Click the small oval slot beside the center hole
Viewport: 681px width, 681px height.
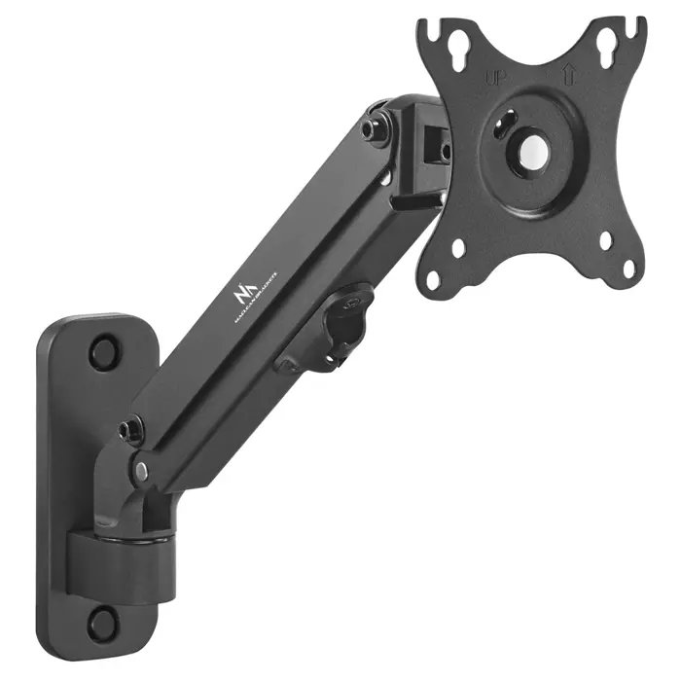pyautogui.click(x=505, y=121)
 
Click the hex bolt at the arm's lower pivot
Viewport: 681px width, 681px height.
pyautogui.click(x=128, y=429)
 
